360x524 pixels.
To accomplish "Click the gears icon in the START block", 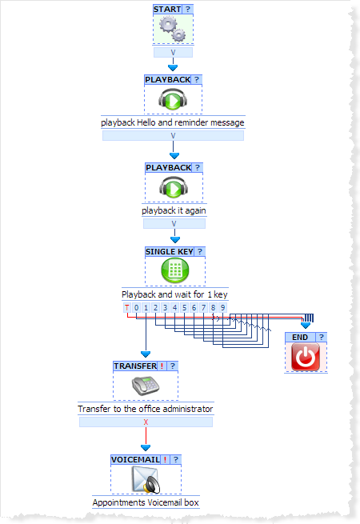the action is [173, 29].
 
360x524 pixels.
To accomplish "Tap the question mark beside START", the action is [188, 9].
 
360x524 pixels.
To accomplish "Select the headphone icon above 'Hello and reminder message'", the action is [173, 99].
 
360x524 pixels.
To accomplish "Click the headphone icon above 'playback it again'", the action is [174, 187].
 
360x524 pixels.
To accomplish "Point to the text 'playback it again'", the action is [174, 210].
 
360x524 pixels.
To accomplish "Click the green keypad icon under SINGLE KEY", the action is [175, 270].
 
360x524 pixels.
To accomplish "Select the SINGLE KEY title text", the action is [170, 252].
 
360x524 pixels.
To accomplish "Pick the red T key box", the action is [126, 307].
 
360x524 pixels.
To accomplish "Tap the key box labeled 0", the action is [136, 307].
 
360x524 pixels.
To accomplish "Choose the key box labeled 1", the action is [146, 307].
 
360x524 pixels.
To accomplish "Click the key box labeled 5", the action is [184, 307].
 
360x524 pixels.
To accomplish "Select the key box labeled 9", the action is [222, 307].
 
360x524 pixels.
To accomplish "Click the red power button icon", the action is [306, 358].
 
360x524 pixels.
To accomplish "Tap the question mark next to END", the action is [322, 337].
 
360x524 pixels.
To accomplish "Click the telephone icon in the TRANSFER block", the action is [146, 386].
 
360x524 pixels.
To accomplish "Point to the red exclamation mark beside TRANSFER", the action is [162, 366].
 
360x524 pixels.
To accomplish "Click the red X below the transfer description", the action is [146, 422].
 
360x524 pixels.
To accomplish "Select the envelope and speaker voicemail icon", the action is [146, 480].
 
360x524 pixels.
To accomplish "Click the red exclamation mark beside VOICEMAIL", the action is [165, 459].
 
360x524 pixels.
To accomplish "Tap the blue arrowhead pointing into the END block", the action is [306, 325].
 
